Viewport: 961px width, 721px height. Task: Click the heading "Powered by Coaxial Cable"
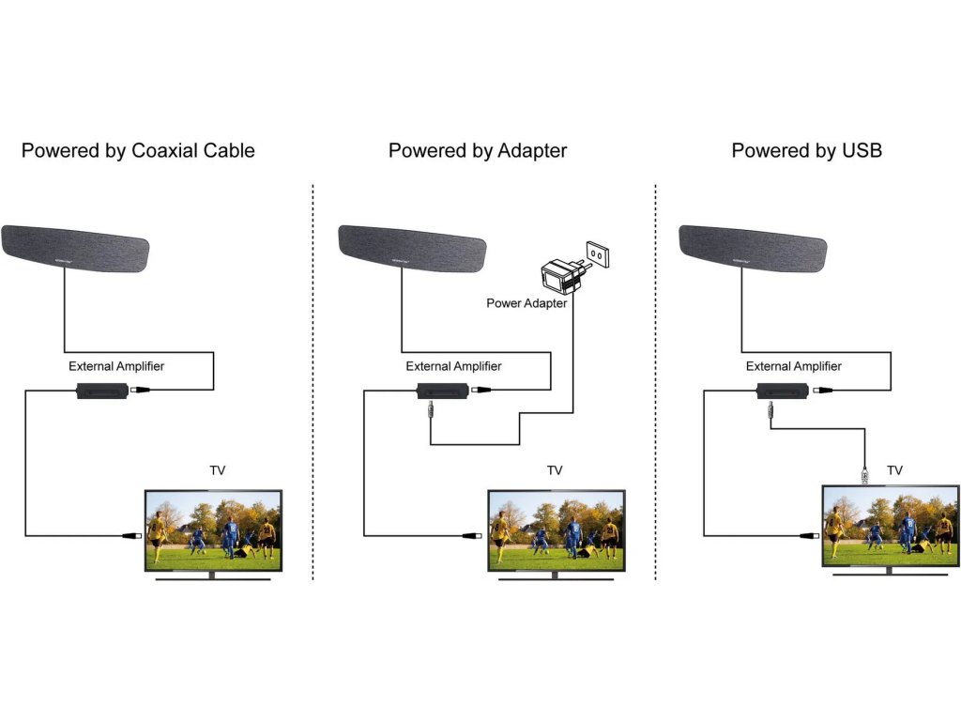click(138, 150)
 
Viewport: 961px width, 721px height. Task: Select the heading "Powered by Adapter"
click(478, 150)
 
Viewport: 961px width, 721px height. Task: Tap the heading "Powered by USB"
click(806, 150)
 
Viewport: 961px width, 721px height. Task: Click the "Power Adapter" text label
click(526, 303)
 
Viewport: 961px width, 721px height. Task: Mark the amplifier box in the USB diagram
click(782, 391)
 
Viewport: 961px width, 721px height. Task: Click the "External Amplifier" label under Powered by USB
click(794, 366)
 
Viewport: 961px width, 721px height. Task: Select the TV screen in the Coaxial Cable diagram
click(213, 529)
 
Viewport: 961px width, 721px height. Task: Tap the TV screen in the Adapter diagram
click(556, 529)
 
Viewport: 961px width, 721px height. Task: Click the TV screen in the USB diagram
click(890, 526)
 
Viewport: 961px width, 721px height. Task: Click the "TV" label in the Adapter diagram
click(555, 470)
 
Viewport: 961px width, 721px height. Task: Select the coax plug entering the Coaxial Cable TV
click(131, 536)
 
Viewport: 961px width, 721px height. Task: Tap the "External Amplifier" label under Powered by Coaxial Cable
click(116, 366)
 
